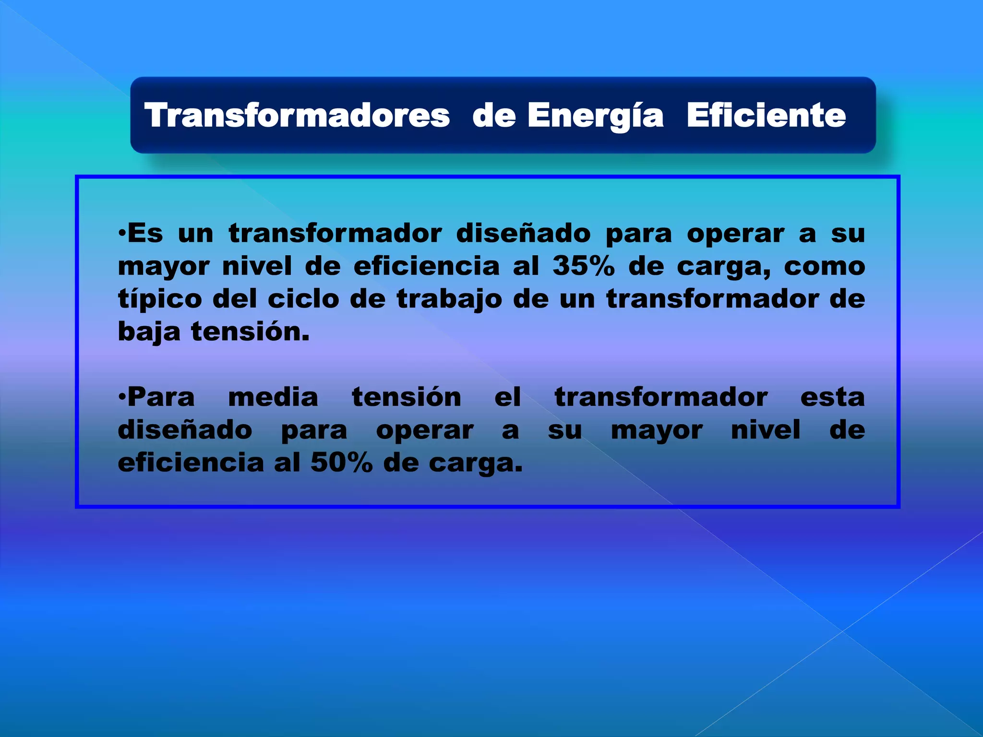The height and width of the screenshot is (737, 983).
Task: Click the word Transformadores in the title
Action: tap(297, 116)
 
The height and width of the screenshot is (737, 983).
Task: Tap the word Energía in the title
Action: tap(595, 116)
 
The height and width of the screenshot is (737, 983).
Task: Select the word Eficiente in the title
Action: tap(766, 116)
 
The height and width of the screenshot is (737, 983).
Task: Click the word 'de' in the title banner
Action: tap(494, 116)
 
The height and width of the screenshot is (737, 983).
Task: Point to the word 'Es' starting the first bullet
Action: tap(145, 234)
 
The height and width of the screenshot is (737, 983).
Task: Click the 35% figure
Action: tap(583, 266)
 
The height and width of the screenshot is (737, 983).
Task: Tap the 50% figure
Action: tap(341, 463)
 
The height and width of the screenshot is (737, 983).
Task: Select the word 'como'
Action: tap(824, 266)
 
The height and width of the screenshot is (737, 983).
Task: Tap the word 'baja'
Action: tap(149, 332)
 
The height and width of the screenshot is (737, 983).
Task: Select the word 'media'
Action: tap(273, 397)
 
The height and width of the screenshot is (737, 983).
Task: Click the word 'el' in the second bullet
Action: tap(507, 397)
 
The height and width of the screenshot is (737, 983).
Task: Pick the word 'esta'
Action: tap(832, 397)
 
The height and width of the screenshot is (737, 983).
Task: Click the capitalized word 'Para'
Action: tap(161, 397)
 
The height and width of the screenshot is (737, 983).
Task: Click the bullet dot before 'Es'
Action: tap(122, 234)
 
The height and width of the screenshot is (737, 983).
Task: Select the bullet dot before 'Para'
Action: tap(122, 397)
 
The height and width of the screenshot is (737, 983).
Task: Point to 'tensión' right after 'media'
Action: tap(407, 397)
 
